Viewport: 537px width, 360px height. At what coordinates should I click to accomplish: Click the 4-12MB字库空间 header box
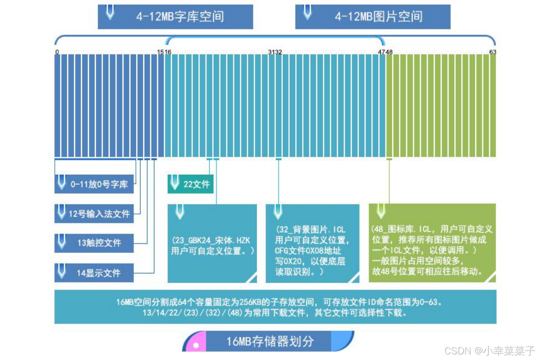pyautogui.click(x=175, y=17)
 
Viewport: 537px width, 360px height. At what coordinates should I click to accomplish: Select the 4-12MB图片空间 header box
pyautogui.click(x=373, y=17)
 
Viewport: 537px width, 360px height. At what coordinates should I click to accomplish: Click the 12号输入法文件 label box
pyautogui.click(x=94, y=214)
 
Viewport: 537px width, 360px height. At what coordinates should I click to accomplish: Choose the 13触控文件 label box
pyautogui.click(x=94, y=243)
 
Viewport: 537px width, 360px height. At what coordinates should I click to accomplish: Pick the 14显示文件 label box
pyautogui.click(x=94, y=273)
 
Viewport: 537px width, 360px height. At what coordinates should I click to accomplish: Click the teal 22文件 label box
pyautogui.click(x=190, y=184)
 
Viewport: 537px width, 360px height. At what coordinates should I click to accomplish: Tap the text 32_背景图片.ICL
pyautogui.click(x=311, y=230)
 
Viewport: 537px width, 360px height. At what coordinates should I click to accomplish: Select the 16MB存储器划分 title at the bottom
pyautogui.click(x=270, y=342)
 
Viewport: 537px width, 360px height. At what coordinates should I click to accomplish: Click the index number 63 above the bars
pyautogui.click(x=492, y=52)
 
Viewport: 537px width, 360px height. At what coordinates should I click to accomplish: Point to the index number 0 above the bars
pyautogui.click(x=57, y=52)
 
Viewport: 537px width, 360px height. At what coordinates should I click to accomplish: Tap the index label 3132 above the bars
pyautogui.click(x=275, y=52)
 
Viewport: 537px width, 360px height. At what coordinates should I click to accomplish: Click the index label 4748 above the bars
pyautogui.click(x=385, y=52)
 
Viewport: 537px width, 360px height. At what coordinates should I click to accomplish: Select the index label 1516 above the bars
pyautogui.click(x=164, y=52)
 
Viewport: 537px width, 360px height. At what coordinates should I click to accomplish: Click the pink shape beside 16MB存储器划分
pyautogui.click(x=195, y=343)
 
